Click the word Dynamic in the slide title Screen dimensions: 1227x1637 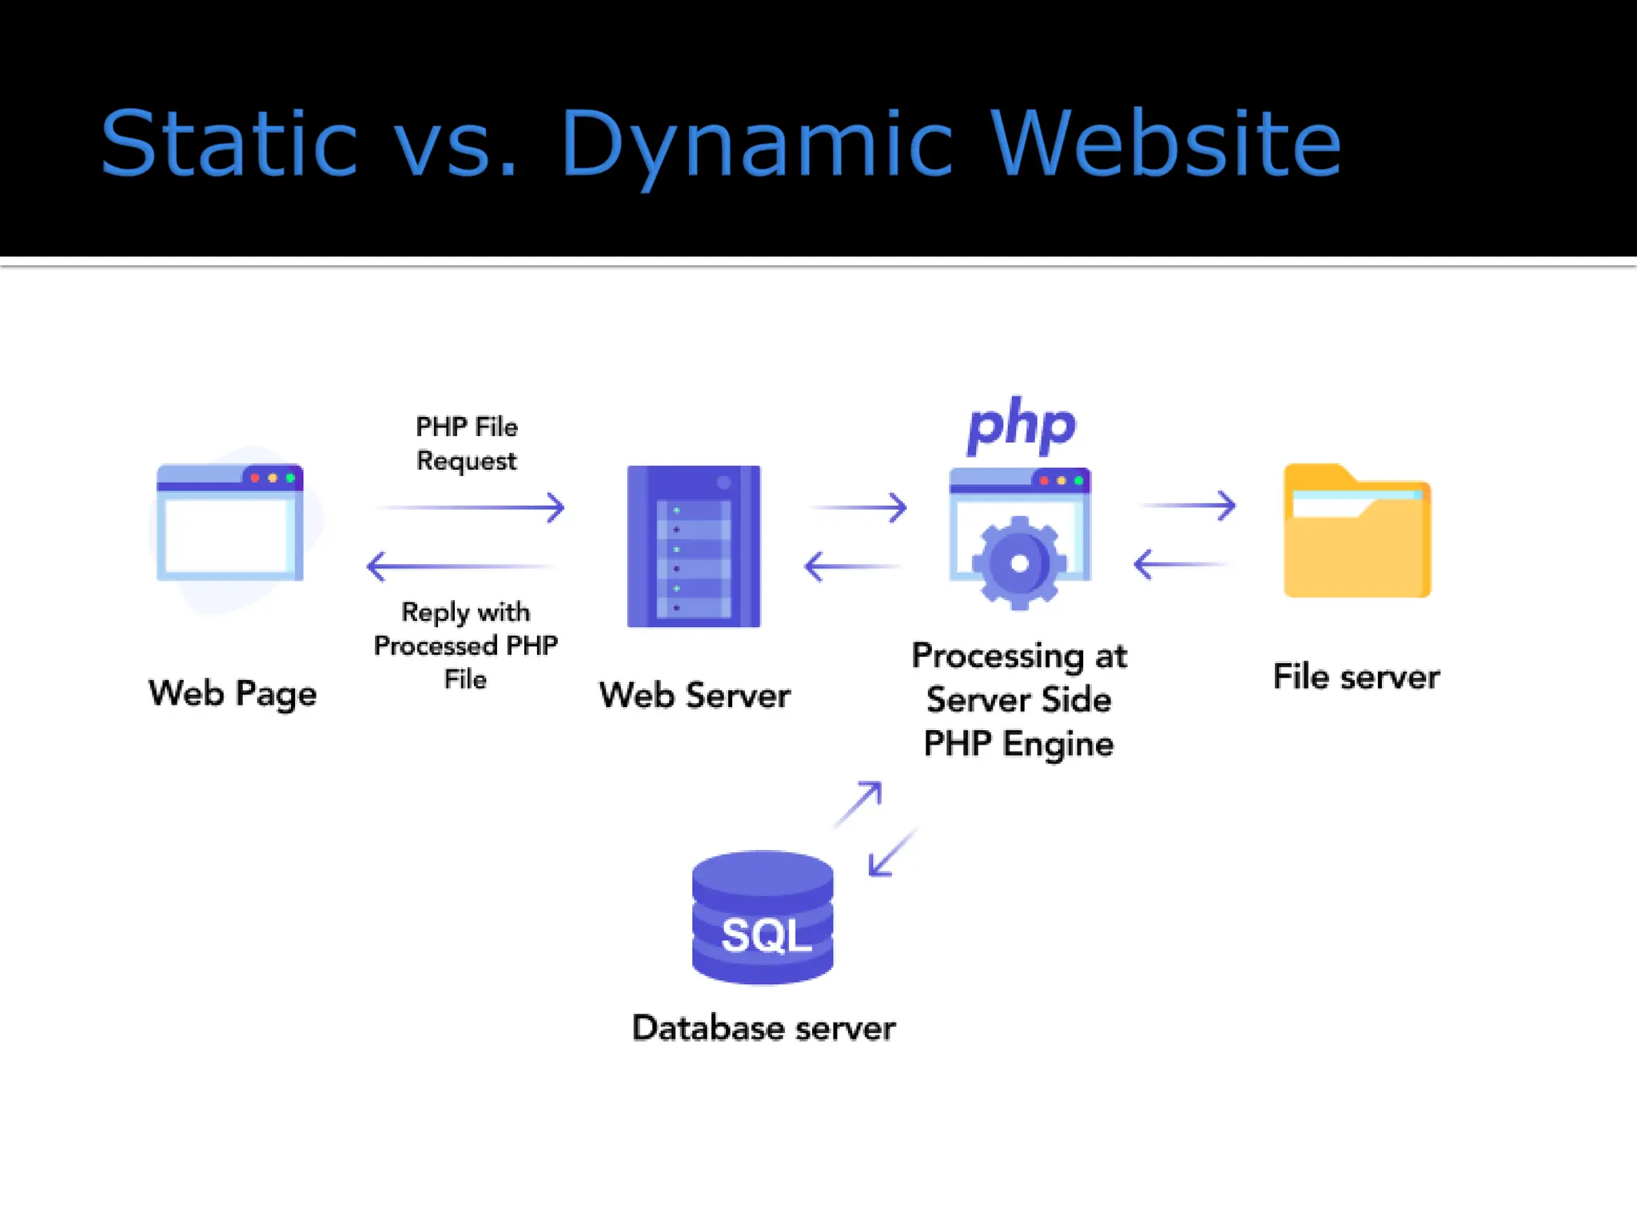click(755, 144)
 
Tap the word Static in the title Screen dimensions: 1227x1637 click(229, 144)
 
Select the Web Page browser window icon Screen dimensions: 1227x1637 click(230, 522)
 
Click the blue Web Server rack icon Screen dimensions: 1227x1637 click(694, 546)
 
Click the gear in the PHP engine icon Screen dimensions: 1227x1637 click(1019, 563)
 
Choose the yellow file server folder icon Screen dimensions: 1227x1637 click(1356, 531)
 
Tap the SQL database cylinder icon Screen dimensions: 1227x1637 click(763, 918)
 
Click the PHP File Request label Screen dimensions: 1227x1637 click(467, 443)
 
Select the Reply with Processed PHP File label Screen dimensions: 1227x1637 click(466, 645)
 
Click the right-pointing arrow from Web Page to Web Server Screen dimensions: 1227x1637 click(472, 507)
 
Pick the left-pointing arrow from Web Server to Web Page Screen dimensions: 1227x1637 click(462, 566)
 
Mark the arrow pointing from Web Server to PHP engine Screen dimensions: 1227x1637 click(860, 507)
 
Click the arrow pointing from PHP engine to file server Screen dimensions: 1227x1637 click(1189, 506)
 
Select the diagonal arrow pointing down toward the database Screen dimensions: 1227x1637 click(891, 853)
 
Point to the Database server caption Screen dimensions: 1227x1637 click(763, 1028)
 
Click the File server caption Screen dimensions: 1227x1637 click(1356, 677)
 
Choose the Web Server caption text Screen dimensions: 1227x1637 click(695, 695)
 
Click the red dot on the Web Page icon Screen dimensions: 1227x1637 click(255, 478)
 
